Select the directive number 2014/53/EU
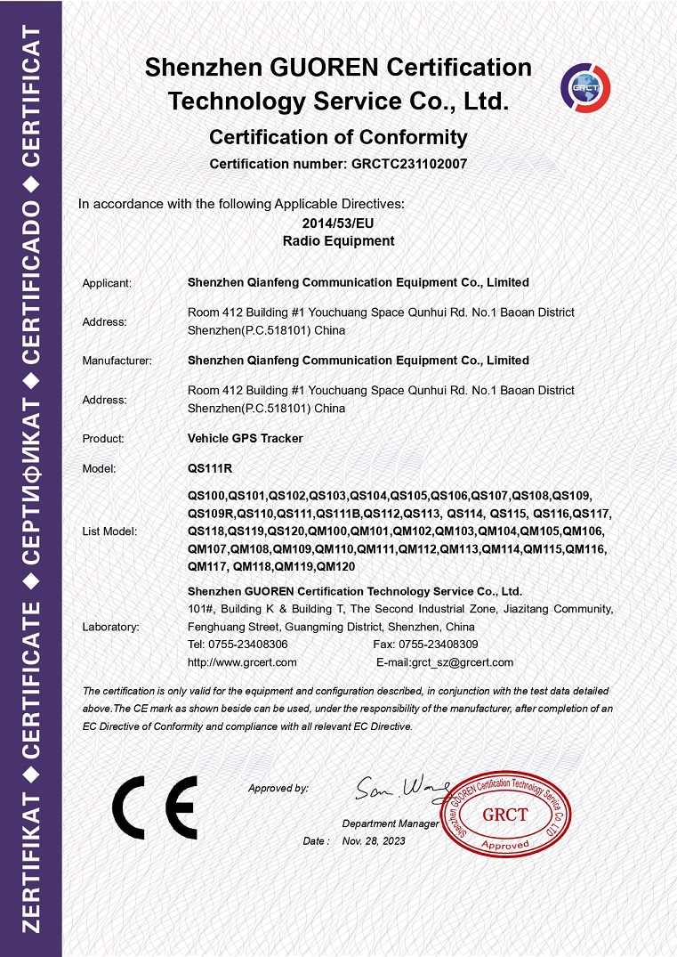338,223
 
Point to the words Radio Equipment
338,241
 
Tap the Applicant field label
107,283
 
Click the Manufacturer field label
117,361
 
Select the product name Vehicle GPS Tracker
246,439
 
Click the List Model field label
110,531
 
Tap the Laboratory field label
110,627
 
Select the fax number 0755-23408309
439,645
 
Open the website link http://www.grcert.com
242,662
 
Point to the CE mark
155,807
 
